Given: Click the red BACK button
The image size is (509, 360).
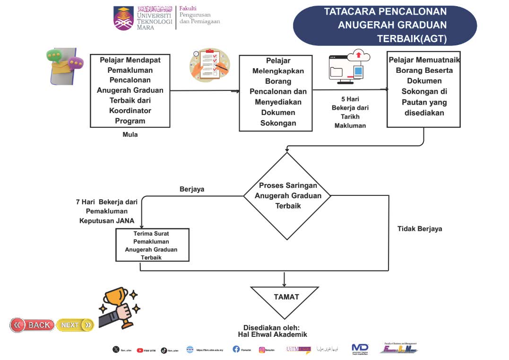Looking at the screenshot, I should pyautogui.click(x=32, y=325).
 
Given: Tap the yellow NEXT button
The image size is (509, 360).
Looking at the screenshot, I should pyautogui.click(x=75, y=325).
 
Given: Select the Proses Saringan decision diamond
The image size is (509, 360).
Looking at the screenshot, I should pyautogui.click(x=288, y=196).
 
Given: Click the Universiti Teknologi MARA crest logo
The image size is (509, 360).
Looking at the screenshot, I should pyautogui.click(x=123, y=18).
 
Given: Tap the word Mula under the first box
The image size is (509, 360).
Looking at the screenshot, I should pyautogui.click(x=130, y=134).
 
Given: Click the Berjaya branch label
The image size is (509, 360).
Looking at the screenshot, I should pyautogui.click(x=192, y=189).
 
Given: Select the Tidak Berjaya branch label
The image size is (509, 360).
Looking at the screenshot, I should pyautogui.click(x=420, y=228).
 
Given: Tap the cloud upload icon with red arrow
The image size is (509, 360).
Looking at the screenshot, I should pyautogui.click(x=358, y=56).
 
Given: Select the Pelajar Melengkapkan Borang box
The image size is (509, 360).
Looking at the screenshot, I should pyautogui.click(x=276, y=93).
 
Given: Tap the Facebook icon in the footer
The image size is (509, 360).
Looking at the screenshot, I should pyautogui.click(x=236, y=349).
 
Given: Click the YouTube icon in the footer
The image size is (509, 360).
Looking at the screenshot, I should pyautogui.click(x=140, y=351).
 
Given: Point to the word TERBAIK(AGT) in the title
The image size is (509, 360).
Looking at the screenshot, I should pyautogui.click(x=412, y=38).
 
